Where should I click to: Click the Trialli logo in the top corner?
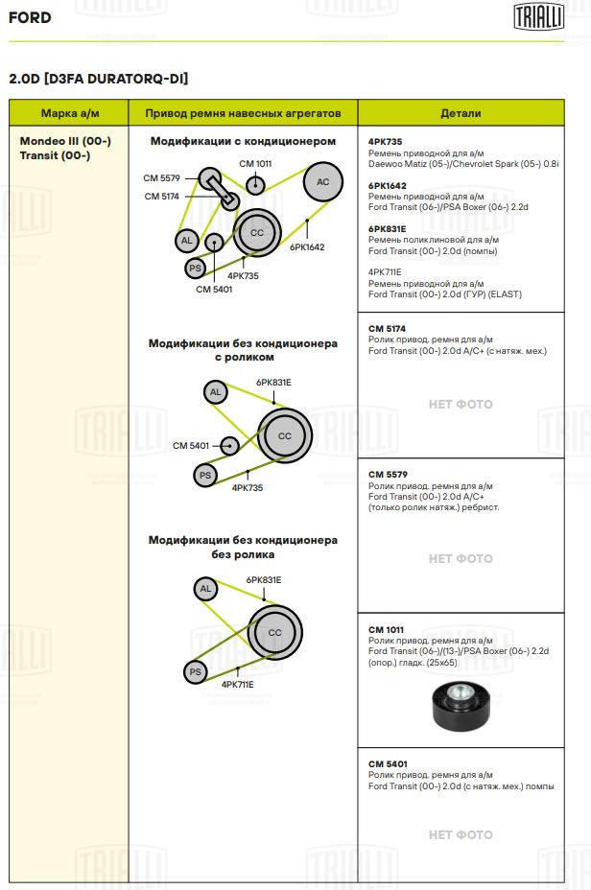click(x=539, y=16)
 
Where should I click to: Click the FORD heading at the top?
click(x=30, y=17)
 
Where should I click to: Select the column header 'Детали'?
click(x=461, y=113)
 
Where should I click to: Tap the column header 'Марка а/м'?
click(x=70, y=113)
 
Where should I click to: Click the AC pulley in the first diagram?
click(x=322, y=181)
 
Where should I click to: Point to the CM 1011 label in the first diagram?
click(x=255, y=163)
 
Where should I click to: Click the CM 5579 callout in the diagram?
click(x=161, y=177)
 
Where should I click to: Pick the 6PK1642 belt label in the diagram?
click(x=307, y=246)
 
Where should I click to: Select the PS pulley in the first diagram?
click(x=196, y=268)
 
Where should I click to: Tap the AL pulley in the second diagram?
click(x=215, y=391)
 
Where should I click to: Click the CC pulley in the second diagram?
click(x=284, y=435)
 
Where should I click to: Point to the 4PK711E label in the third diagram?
click(x=237, y=685)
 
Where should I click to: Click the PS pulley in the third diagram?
click(x=196, y=672)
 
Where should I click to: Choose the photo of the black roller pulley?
click(x=461, y=707)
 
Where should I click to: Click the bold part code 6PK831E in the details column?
click(x=388, y=229)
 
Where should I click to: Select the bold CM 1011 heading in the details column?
click(x=386, y=629)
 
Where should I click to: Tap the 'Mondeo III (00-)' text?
click(x=65, y=141)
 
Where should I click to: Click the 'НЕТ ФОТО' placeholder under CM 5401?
click(x=461, y=835)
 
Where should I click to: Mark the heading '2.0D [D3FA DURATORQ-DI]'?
click(x=98, y=79)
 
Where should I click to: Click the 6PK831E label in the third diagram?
click(x=264, y=580)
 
